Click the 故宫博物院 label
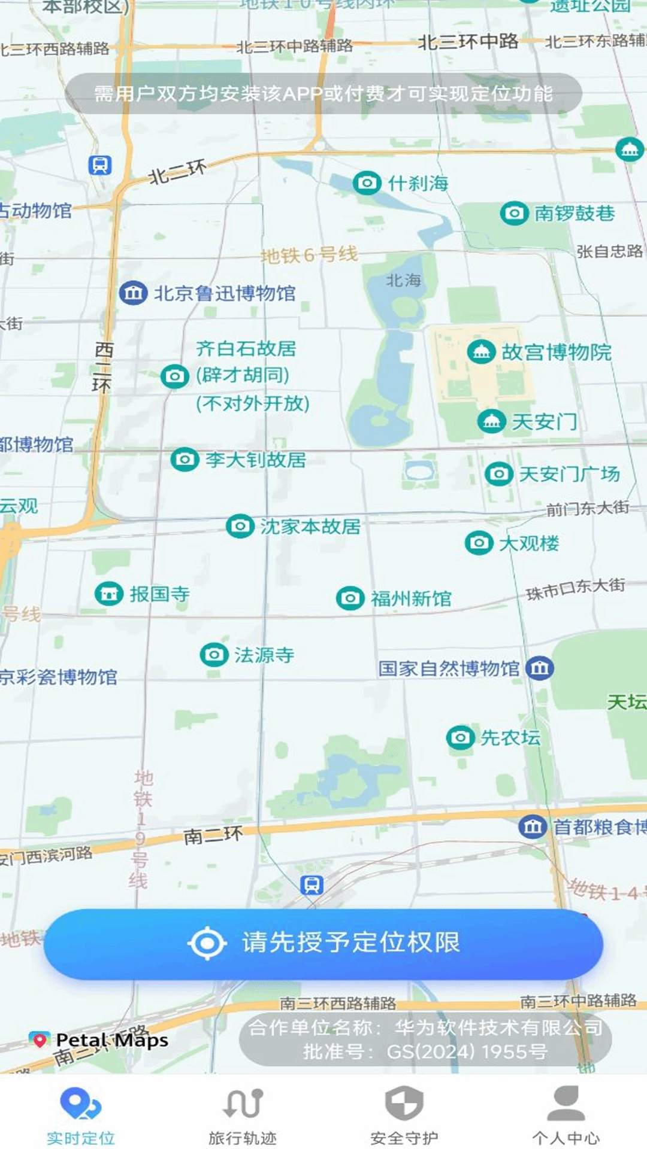556,352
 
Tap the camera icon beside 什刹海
367,183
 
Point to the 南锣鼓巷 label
574,213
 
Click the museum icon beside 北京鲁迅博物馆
133,293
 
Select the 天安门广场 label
569,474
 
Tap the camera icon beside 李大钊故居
185,460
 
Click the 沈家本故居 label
310,527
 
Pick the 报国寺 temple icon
109,594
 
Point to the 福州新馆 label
410,598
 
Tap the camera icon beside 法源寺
214,655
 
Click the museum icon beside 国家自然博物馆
539,668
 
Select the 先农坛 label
510,737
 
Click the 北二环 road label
177,172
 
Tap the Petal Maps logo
99,1040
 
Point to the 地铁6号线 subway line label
309,255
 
